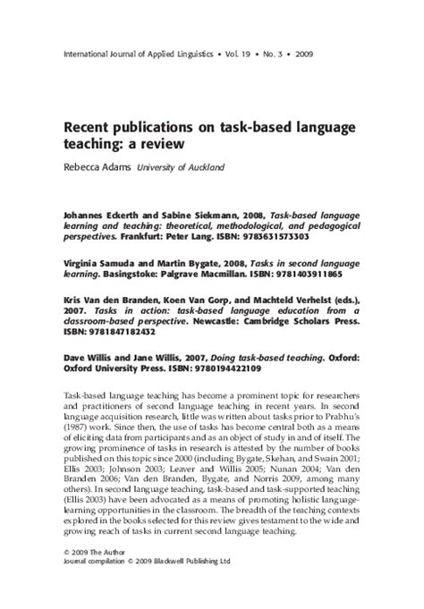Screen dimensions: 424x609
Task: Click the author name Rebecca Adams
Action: (x=95, y=166)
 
